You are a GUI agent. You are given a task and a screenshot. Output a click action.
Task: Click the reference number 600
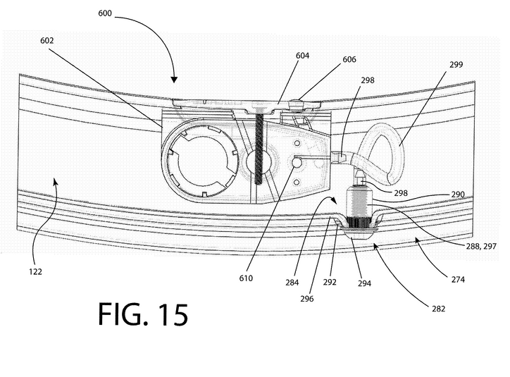pos(105,13)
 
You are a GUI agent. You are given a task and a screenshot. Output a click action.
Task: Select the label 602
pos(46,41)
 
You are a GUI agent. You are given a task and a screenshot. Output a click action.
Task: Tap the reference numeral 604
pos(302,56)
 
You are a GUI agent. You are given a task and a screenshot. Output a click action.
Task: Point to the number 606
pos(349,59)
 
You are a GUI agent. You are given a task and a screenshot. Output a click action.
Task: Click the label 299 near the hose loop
pos(456,64)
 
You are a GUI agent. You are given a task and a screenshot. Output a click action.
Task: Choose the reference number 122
pos(35,271)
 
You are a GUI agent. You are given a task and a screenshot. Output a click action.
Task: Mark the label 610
pos(246,278)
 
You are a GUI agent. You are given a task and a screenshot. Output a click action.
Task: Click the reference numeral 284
pos(292,283)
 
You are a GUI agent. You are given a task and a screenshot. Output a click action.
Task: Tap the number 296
pos(307,299)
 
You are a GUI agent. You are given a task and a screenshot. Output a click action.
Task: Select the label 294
pos(364,283)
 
